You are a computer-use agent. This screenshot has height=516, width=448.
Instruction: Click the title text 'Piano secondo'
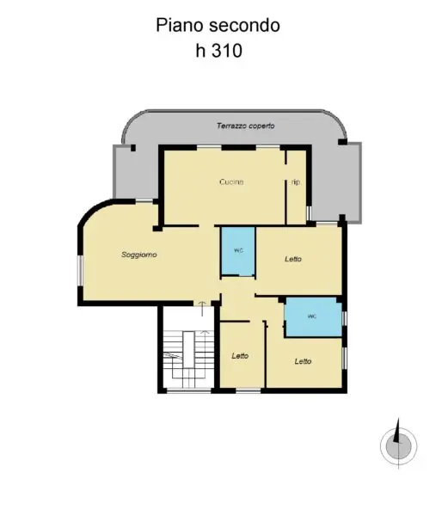(x=218, y=25)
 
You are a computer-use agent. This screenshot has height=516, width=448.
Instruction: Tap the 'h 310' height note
(x=219, y=51)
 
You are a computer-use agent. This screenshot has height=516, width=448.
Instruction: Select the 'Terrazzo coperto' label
(x=245, y=126)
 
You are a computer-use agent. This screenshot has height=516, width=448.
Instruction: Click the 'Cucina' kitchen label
(x=231, y=182)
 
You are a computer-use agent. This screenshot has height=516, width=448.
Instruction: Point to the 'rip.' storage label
(x=297, y=182)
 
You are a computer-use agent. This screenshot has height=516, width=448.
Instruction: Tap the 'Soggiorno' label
(x=139, y=255)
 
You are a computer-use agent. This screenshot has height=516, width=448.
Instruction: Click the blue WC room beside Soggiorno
(x=238, y=251)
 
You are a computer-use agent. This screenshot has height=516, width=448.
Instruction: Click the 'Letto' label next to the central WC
(x=293, y=260)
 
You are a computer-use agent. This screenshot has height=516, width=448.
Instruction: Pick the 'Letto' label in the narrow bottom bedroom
(x=240, y=356)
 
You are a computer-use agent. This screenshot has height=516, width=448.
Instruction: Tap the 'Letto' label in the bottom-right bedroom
(x=303, y=361)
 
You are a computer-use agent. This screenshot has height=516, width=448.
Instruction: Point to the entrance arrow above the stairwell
(x=202, y=309)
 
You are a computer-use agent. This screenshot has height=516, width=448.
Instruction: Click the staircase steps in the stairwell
(x=188, y=359)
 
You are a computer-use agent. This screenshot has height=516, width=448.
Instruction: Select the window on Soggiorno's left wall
(x=80, y=271)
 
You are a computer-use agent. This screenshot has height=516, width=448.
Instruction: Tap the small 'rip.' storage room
(x=297, y=187)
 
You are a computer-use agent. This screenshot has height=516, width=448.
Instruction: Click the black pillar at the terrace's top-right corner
(x=343, y=142)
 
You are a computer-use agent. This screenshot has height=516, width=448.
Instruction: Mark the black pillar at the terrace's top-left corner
(x=133, y=148)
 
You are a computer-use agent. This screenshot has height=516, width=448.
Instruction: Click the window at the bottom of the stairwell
(x=189, y=391)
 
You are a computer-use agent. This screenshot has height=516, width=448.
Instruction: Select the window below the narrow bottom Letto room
(x=249, y=391)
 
